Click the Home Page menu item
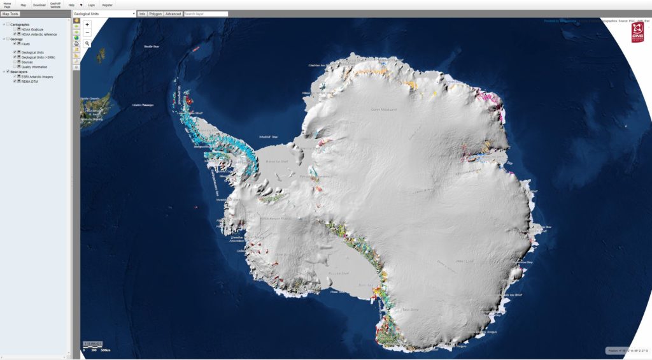click(7, 5)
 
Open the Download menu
click(39, 4)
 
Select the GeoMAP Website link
click(55, 5)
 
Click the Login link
click(91, 4)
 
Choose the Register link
click(108, 4)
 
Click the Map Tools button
click(10, 13)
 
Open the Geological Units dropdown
click(104, 13)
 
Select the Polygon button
click(155, 13)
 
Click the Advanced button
click(173, 13)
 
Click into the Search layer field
click(206, 13)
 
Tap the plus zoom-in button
click(87, 25)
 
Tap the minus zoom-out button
click(87, 32)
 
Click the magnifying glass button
click(87, 44)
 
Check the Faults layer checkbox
click(15, 43)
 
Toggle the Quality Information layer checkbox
click(15, 66)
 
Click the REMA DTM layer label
click(31, 81)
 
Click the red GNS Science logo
click(637, 33)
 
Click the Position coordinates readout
click(627, 350)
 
